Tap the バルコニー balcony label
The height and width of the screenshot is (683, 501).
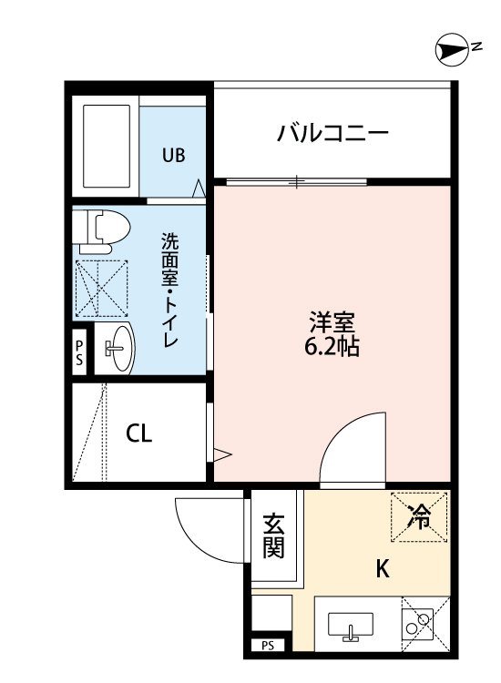332,132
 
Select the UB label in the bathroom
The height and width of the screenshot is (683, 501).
174,155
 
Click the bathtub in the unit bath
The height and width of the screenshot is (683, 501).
107,146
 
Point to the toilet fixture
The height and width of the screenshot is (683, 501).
101,230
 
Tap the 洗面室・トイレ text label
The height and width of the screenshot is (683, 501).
170,291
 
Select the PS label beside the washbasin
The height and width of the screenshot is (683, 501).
79,352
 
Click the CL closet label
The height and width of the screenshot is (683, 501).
139,433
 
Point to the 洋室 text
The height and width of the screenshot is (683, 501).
332,322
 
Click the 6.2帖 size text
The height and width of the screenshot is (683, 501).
332,347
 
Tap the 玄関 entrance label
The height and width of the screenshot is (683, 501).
273,536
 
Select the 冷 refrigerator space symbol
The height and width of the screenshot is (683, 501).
419,517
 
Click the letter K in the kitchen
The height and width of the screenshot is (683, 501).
383,568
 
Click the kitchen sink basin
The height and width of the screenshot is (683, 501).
351,627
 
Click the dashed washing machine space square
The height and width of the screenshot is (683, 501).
102,289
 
